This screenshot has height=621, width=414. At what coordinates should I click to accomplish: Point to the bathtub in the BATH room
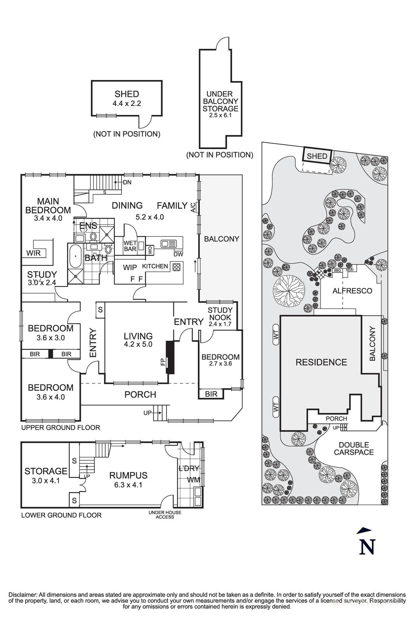(x=74, y=256)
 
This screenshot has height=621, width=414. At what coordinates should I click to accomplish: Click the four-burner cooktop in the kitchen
(x=177, y=267)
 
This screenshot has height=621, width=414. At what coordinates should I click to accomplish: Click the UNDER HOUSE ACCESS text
(x=165, y=515)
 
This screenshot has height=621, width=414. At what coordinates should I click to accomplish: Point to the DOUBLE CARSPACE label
(x=353, y=448)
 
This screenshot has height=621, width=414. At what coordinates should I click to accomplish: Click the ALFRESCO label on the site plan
(x=352, y=291)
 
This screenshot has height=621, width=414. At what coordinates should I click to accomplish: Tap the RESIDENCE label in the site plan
(x=321, y=362)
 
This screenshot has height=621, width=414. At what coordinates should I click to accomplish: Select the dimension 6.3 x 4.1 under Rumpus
(x=128, y=485)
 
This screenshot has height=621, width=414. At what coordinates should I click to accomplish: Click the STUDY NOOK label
(x=220, y=313)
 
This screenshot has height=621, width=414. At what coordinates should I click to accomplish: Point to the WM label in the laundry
(x=193, y=480)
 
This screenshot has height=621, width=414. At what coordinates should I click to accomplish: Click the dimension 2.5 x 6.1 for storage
(x=220, y=115)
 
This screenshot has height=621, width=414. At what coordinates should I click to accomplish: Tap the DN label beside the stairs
(x=127, y=182)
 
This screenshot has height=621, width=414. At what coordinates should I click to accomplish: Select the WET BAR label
(x=130, y=246)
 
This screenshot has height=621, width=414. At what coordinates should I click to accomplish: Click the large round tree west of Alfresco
(x=288, y=289)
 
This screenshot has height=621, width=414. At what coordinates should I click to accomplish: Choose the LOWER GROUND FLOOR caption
(x=61, y=515)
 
